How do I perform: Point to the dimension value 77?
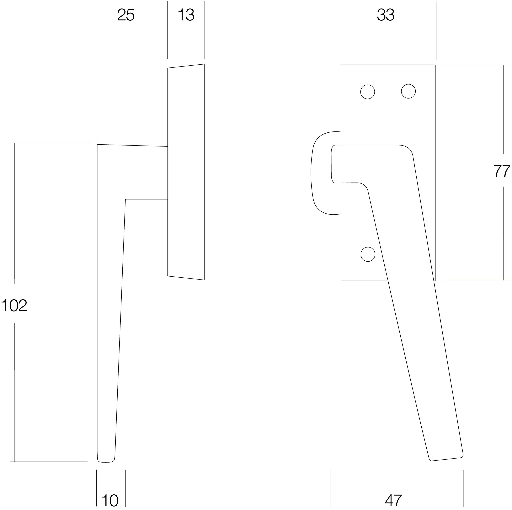click(x=502, y=171)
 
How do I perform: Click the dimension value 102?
click(x=14, y=306)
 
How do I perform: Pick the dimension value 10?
click(x=110, y=501)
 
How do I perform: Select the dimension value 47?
click(x=393, y=501)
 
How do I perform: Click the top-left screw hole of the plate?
click(x=367, y=92)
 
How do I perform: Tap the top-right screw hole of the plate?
click(x=408, y=91)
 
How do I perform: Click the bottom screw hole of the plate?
click(x=368, y=254)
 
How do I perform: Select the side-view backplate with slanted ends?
click(x=186, y=172)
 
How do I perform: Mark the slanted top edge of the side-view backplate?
click(x=186, y=66)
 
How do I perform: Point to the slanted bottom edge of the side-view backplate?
click(x=186, y=278)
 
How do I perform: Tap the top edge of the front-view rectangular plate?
click(x=388, y=65)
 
